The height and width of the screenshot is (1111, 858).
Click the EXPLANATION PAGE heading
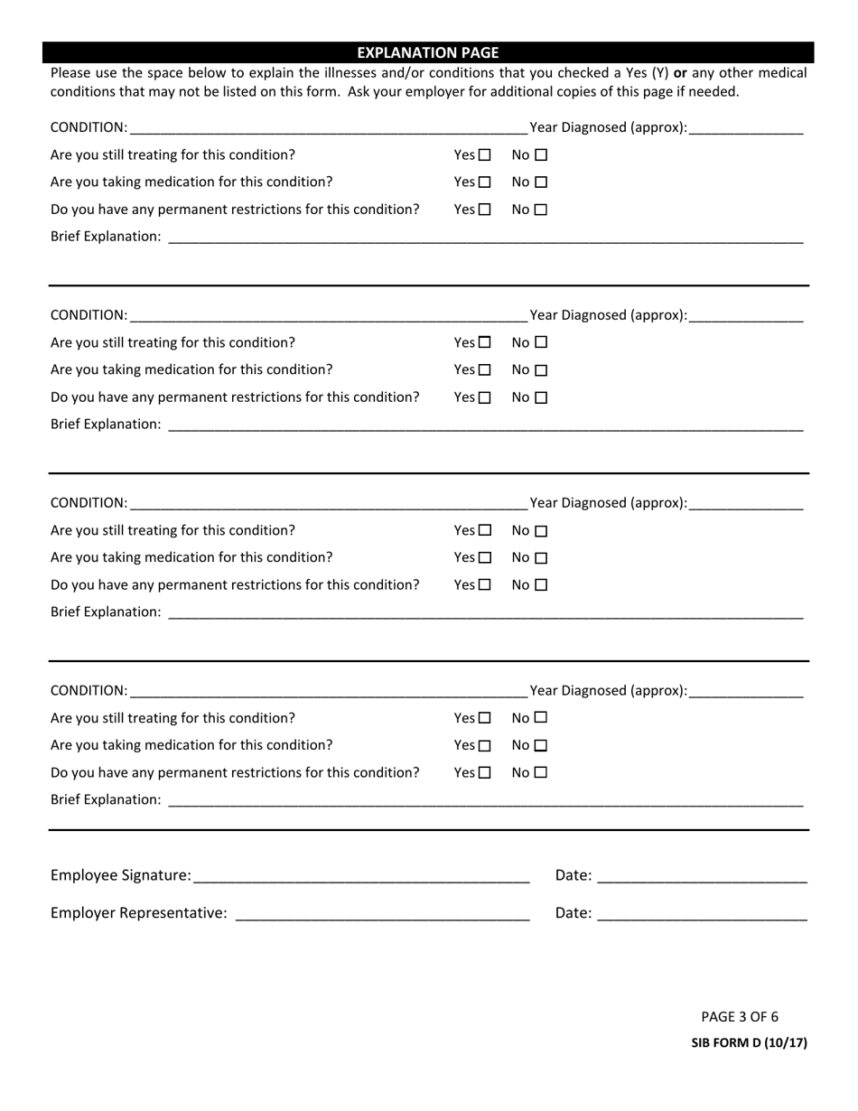coord(428,52)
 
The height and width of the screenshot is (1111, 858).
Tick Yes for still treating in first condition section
coord(485,155)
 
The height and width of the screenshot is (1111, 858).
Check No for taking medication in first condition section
coord(541,182)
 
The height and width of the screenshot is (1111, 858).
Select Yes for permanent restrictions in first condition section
coord(485,210)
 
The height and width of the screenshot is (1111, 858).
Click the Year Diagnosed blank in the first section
coord(745,128)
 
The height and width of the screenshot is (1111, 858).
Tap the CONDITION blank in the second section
coord(328,316)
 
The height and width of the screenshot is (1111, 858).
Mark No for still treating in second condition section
coord(541,343)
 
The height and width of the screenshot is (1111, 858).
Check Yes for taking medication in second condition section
coord(485,370)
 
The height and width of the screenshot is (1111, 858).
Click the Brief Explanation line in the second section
coord(485,425)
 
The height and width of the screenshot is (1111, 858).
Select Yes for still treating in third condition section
coord(485,531)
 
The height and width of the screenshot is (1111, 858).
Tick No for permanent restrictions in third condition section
coord(541,585)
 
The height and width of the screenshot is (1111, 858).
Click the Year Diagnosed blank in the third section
coord(745,504)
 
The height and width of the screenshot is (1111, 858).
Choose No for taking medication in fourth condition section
coord(541,746)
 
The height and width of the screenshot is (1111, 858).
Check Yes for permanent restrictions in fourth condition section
coord(485,773)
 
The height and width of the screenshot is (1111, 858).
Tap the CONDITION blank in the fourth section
coord(328,692)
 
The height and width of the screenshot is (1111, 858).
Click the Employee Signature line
coord(360,876)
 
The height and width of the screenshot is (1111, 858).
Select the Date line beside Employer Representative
coord(702,914)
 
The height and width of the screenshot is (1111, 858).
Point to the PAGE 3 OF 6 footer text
coord(740,1016)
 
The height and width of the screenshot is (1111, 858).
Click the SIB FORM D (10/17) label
coord(749,1043)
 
